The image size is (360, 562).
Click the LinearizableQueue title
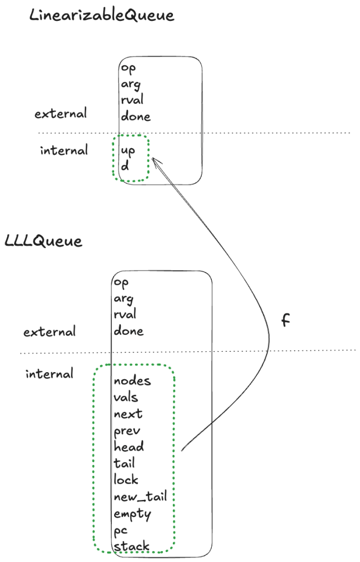[102, 15]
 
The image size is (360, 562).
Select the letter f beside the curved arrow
[285, 321]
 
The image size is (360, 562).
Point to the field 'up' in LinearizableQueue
[127, 150]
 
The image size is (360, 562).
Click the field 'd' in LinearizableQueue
[125, 165]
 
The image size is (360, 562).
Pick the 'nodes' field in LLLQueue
[132, 381]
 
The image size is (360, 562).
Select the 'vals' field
[126, 397]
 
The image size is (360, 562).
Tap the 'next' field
[128, 414]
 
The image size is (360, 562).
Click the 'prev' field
[127, 431]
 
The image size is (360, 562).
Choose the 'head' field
[128, 447]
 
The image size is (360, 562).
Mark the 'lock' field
[126, 480]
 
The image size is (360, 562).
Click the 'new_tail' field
[140, 497]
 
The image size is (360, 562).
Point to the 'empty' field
[132, 514]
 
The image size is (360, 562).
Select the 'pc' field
[121, 531]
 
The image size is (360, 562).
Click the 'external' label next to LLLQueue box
[49, 332]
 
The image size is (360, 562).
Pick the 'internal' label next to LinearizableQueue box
[64, 150]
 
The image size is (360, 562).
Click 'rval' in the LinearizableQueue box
[132, 100]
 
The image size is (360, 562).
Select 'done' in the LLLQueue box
[128, 331]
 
